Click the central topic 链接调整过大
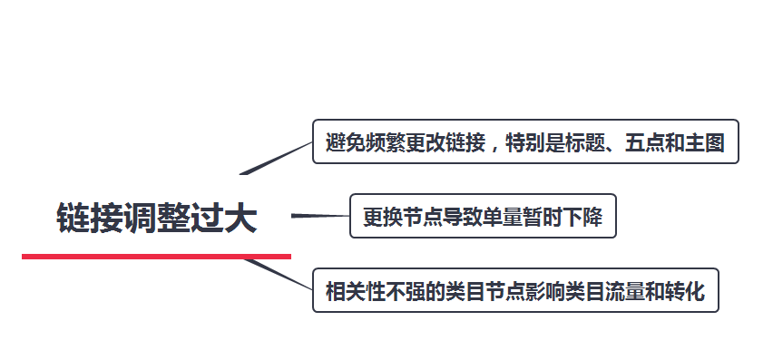[x=156, y=219]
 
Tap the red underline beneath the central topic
[x=156, y=257]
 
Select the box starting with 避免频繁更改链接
[x=525, y=141]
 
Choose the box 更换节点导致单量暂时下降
[x=483, y=216]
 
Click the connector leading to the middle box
[x=320, y=216]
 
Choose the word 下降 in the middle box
[x=582, y=217]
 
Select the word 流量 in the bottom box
[x=624, y=291]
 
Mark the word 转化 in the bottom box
[x=685, y=291]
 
